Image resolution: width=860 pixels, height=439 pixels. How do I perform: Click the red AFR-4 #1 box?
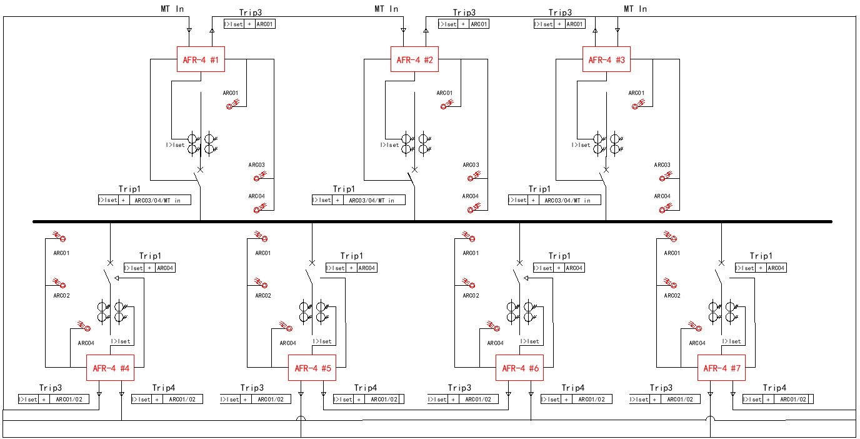[201, 60]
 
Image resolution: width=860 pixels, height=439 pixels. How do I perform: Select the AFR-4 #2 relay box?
[414, 60]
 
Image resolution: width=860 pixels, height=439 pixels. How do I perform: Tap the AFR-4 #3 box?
[606, 60]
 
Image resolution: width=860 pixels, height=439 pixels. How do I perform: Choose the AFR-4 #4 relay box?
[111, 368]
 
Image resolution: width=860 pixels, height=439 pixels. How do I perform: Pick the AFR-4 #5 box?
[312, 368]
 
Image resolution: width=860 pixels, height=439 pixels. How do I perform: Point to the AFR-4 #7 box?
[722, 368]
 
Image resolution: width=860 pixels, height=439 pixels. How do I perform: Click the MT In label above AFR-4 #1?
[172, 9]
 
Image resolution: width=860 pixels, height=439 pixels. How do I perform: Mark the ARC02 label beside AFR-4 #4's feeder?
[61, 296]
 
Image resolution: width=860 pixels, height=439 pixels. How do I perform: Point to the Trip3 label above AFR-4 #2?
[464, 13]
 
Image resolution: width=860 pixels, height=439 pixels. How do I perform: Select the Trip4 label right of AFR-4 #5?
[366, 388]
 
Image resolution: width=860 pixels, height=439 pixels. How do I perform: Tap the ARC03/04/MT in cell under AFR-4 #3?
[567, 200]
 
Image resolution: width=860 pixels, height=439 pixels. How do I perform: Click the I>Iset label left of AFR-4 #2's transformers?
[390, 145]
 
